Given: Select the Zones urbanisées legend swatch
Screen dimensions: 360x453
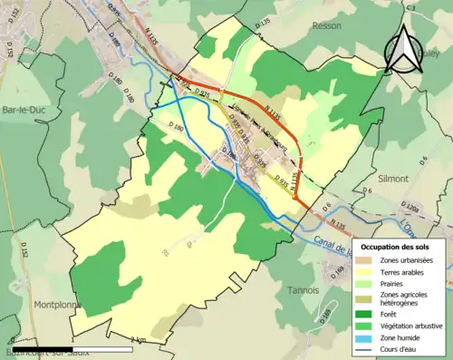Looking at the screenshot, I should coord(366,260).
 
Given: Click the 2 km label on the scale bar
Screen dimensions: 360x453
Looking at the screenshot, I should coord(138,340).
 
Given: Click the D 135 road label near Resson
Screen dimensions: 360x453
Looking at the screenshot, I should coord(264,22).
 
